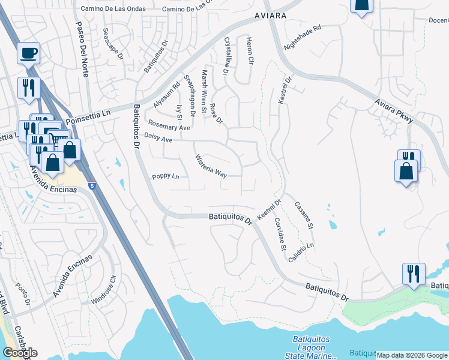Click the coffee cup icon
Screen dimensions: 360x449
[28, 53]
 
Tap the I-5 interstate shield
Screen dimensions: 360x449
[92, 186]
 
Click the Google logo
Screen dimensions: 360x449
[20, 353]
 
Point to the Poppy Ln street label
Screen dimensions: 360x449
[165, 176]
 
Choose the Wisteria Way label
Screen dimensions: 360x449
[211, 166]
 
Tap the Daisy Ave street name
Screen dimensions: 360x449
[158, 139]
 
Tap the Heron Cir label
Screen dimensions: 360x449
[249, 51]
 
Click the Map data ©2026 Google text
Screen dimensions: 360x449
[411, 355]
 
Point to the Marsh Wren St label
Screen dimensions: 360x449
[205, 86]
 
